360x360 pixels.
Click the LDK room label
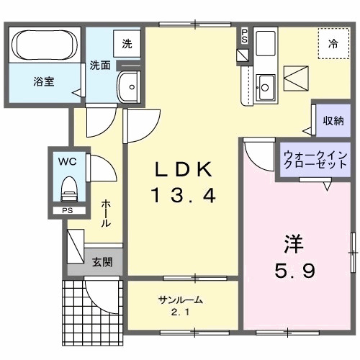[183, 170]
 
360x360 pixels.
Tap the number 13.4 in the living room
[183, 195]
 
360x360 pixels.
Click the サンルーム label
[179, 300]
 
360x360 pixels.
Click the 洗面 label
[99, 65]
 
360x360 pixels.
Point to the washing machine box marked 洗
[127, 43]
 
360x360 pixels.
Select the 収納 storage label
[333, 121]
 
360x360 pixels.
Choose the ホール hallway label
[106, 213]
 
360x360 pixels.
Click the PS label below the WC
[67, 211]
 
